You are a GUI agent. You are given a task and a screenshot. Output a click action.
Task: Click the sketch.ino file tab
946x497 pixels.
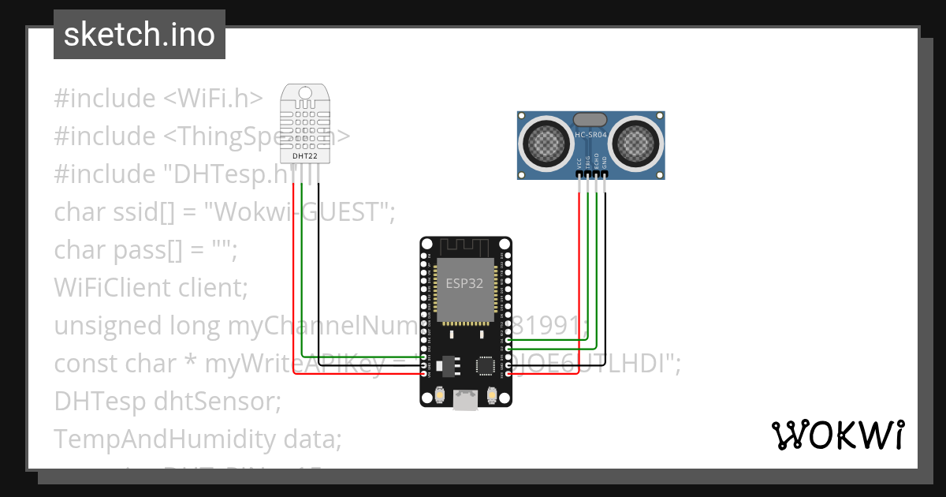[139, 35]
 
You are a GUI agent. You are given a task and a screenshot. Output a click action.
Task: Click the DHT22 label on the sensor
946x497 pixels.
[305, 156]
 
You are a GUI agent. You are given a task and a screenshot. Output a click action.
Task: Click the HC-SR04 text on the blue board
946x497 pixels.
[590, 136]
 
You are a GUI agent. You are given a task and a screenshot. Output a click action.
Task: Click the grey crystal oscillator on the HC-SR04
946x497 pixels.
[590, 119]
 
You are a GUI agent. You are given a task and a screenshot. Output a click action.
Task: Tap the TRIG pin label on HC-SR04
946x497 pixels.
[588, 161]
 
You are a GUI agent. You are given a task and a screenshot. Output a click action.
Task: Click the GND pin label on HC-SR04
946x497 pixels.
[605, 162]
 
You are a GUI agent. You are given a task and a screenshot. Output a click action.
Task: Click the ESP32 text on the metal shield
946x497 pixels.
[464, 283]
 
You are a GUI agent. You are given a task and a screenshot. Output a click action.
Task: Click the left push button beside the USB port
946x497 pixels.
[438, 394]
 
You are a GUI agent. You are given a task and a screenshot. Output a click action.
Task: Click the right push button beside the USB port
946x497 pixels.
[493, 394]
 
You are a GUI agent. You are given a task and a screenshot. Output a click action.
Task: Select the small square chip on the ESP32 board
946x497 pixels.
[486, 365]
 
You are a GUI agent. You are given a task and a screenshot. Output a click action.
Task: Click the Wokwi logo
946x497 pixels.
[836, 435]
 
